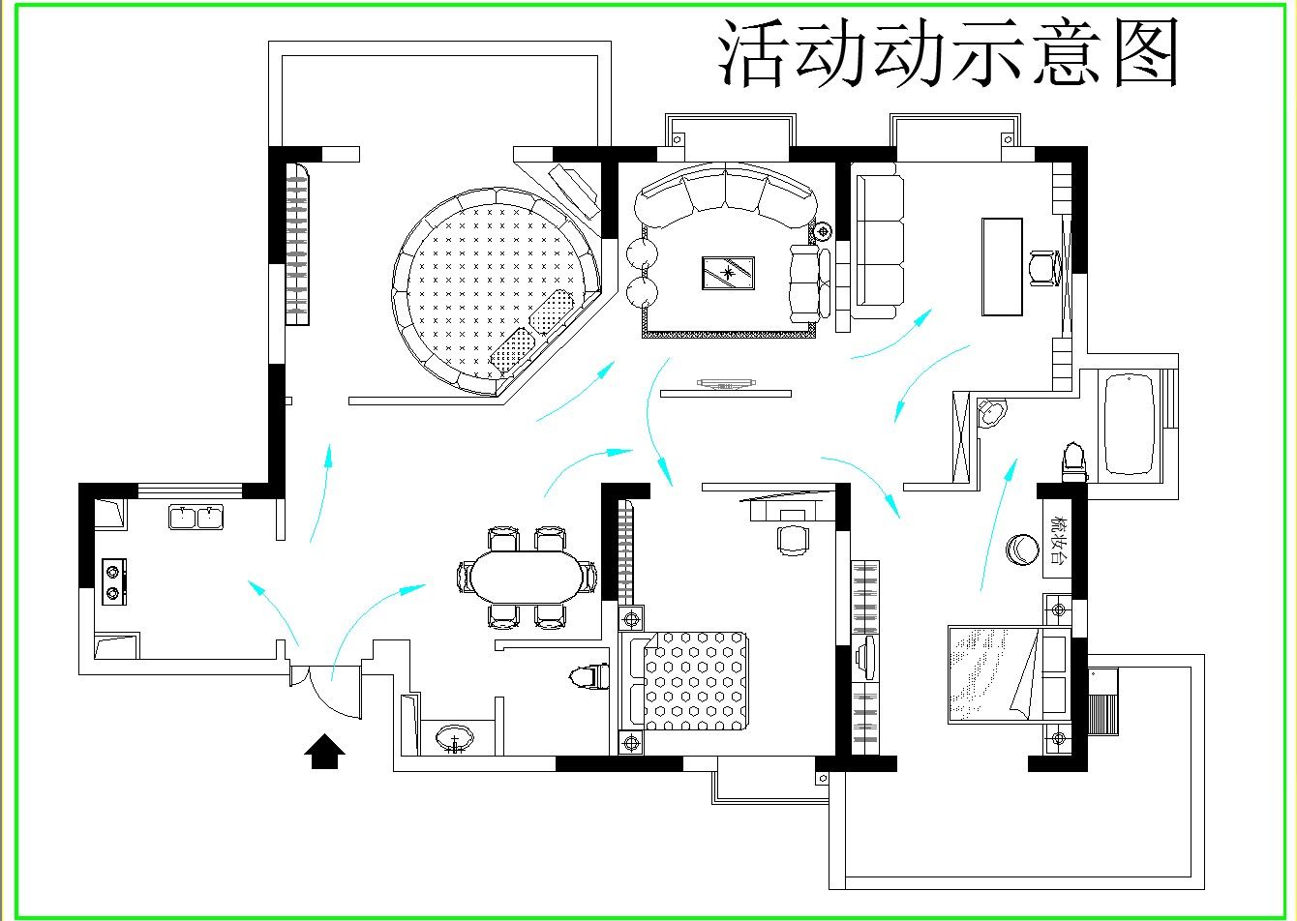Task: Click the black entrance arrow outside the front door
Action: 325,751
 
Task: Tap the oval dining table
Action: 528,576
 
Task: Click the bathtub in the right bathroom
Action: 1129,424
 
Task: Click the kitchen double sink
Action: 196,517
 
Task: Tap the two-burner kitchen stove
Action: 115,581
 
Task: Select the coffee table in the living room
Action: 729,273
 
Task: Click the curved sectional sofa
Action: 726,193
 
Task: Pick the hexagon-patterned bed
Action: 695,680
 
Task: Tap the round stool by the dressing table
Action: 1021,550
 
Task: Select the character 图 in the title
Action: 1143,53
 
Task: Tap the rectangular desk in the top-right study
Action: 1002,266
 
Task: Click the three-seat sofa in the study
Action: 879,247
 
